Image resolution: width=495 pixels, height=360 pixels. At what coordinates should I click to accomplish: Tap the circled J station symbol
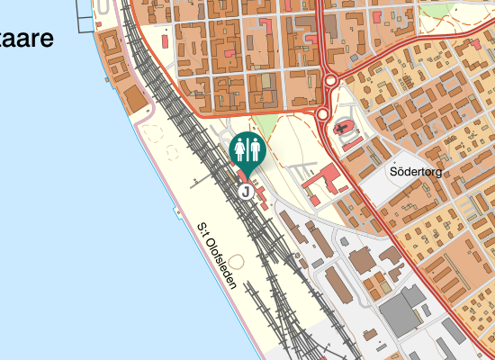244,192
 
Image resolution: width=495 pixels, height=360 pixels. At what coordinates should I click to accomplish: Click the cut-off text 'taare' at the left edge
27,39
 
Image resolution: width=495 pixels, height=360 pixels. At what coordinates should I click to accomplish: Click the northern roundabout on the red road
329,81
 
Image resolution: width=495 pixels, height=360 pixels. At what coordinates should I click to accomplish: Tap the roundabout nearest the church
321,114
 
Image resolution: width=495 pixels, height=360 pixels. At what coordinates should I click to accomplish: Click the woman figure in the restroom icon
239,148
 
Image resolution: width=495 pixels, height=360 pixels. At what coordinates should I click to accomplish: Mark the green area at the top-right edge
439,8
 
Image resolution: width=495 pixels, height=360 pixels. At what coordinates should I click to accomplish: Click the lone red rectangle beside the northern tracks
166,40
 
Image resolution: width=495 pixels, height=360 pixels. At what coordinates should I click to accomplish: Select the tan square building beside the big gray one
363,262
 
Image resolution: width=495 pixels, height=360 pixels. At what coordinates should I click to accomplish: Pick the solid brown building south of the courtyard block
132,97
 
